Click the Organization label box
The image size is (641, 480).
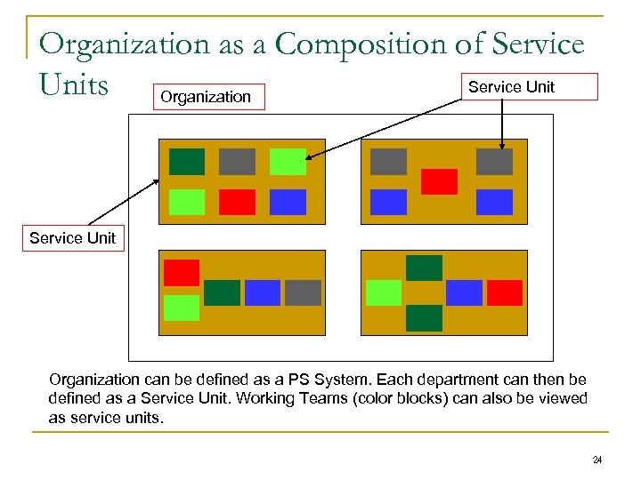[207, 96]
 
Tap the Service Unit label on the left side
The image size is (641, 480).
[72, 237]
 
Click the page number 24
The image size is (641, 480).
[597, 460]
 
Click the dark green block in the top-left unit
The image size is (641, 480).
[187, 162]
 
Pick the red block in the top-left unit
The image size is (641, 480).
[237, 203]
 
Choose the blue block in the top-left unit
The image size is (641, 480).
[288, 203]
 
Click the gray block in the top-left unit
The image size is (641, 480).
[237, 162]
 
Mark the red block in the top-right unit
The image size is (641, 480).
[439, 181]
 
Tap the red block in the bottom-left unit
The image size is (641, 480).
[182, 272]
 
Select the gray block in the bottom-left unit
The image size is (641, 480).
[303, 292]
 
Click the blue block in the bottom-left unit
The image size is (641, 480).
[263, 292]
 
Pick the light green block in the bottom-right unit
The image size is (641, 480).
[384, 292]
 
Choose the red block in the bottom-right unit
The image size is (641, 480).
[505, 292]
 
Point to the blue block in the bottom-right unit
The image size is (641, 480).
[464, 292]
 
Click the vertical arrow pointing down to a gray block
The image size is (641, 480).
[501, 124]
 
